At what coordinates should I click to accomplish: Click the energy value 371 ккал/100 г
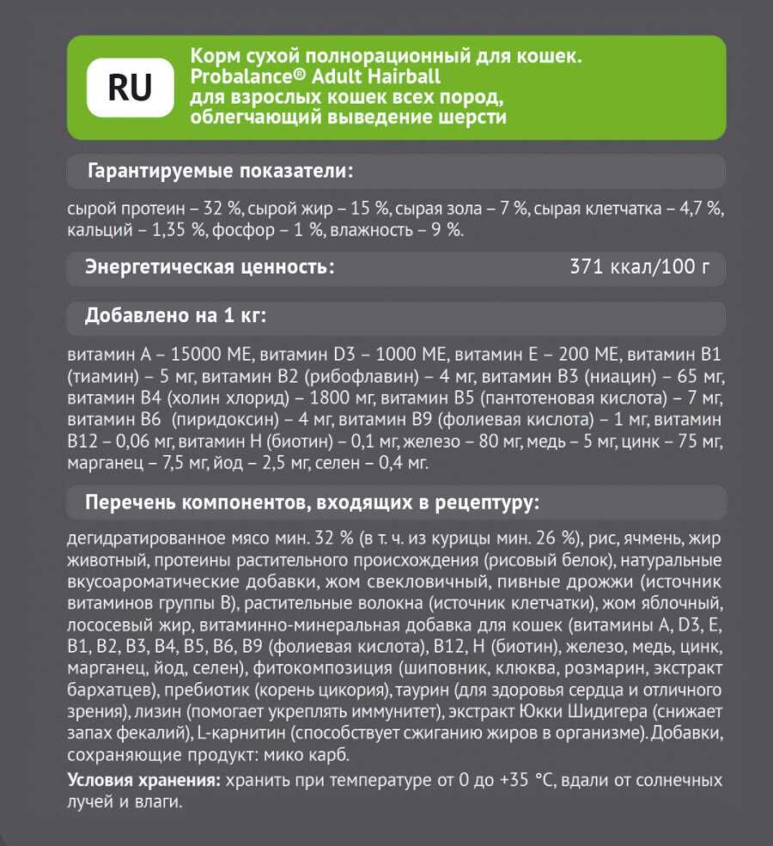click(x=640, y=267)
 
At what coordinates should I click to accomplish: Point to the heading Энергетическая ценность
click(x=210, y=267)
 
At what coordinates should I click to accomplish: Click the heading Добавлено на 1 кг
click(x=175, y=315)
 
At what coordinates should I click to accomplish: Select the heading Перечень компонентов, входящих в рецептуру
click(x=313, y=501)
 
